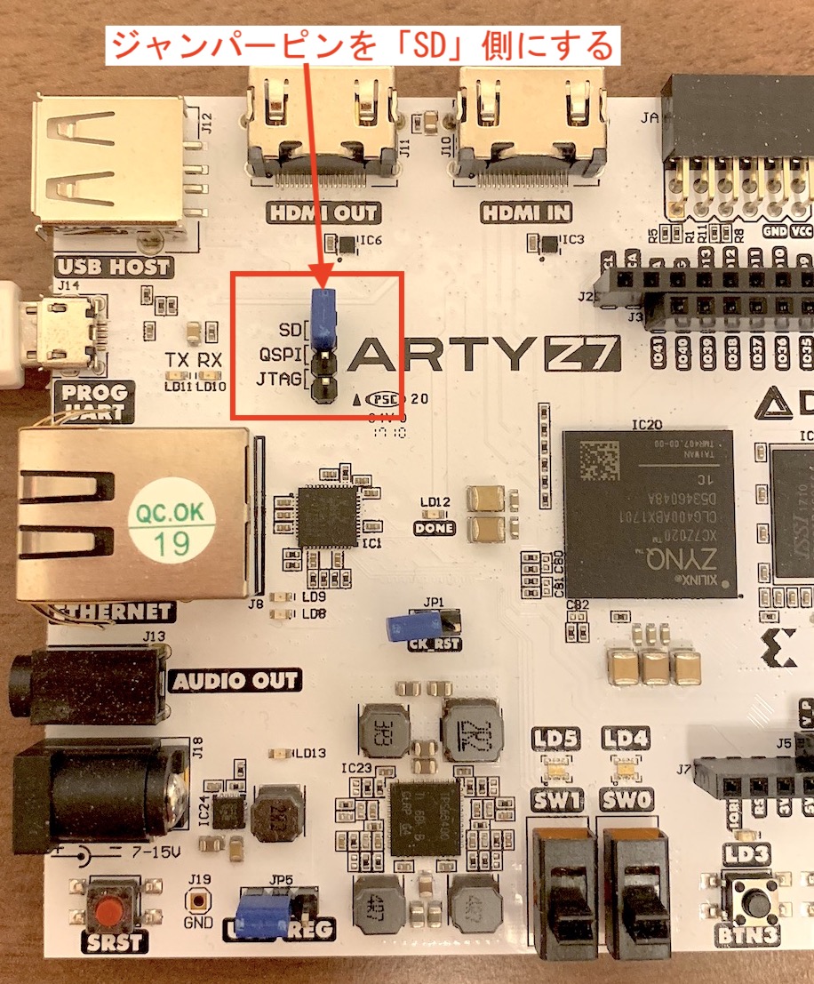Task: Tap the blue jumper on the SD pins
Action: (x=323, y=315)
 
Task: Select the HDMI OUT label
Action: (x=322, y=213)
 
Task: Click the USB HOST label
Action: (x=113, y=266)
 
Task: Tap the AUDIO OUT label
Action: (x=235, y=682)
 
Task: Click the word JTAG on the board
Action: (x=278, y=381)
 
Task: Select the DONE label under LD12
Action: (x=434, y=528)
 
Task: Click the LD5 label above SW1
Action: (x=555, y=737)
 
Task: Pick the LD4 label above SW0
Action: (x=626, y=737)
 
